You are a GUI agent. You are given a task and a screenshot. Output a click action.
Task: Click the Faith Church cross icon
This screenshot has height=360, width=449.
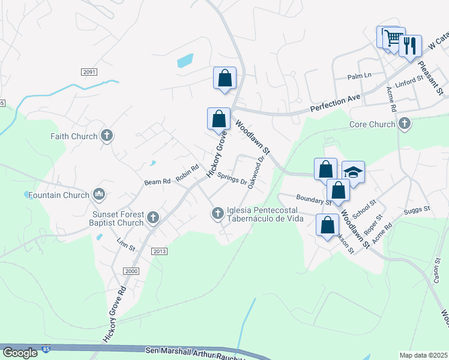pyautogui.click(x=107, y=136)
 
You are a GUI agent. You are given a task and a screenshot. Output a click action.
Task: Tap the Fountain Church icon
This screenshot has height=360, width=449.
pyautogui.click(x=99, y=194)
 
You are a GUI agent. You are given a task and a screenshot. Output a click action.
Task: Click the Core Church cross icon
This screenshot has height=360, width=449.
pyautogui.click(x=405, y=124)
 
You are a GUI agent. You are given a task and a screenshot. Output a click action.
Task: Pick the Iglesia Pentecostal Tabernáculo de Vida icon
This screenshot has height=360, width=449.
pyautogui.click(x=218, y=213)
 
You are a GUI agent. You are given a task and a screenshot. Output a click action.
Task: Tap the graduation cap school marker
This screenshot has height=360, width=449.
pyautogui.click(x=354, y=172)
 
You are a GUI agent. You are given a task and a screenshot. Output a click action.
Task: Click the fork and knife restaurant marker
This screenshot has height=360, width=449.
pyautogui.click(x=410, y=46)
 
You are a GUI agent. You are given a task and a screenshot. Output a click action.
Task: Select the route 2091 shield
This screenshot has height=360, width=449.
pyautogui.click(x=89, y=72)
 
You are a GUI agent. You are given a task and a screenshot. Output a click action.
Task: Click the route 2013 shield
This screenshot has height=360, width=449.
pyautogui.click(x=159, y=251)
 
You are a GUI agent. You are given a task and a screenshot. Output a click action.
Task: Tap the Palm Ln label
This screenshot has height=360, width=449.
pyautogui.click(x=360, y=76)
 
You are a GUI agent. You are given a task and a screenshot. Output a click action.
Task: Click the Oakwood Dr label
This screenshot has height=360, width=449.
pyautogui.click(x=256, y=172)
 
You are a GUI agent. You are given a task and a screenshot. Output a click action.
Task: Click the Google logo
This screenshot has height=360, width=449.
pyautogui.click(x=20, y=353)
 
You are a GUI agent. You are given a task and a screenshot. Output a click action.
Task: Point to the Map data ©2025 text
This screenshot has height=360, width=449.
pyautogui.click(x=423, y=355)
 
